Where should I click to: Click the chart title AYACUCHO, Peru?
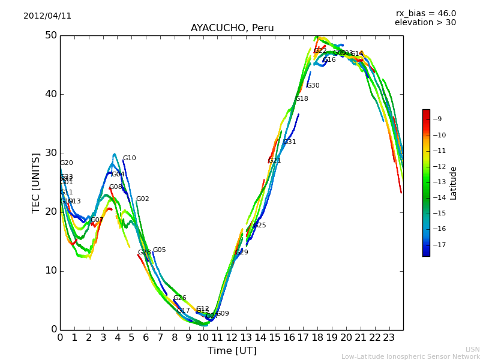[232, 28]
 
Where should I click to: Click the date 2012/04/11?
[47, 16]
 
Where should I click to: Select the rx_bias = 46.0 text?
[425, 13]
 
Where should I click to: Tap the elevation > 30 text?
[425, 23]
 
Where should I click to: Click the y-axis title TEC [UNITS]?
[36, 182]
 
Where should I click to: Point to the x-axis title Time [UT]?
[232, 350]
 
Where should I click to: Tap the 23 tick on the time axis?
[389, 337]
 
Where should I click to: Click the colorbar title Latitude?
[454, 182]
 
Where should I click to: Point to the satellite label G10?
[130, 158]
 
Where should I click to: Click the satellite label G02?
[143, 199]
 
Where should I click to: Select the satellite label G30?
[313, 86]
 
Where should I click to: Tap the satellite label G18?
[301, 99]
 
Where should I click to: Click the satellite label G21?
[275, 161]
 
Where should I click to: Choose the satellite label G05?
[159, 250]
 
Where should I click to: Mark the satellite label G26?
[180, 298]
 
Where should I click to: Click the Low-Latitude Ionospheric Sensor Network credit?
[410, 356]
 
